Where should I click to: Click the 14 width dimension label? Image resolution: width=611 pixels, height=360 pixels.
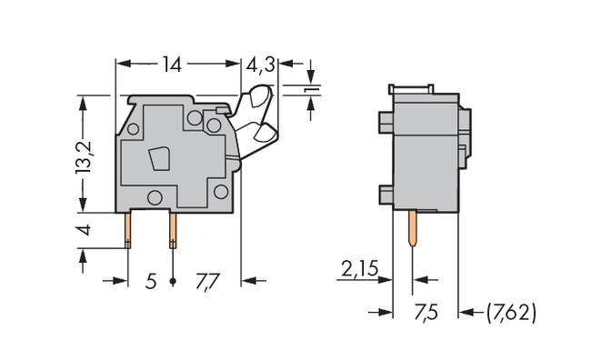tap(172, 65)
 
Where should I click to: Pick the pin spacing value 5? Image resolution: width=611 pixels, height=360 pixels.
tap(151, 281)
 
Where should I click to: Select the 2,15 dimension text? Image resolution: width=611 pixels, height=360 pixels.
tap(360, 269)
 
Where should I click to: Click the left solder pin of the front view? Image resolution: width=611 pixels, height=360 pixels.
tap(128, 228)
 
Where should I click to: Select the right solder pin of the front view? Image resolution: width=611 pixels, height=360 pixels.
tap(172, 228)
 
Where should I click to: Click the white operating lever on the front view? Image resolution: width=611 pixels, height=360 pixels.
tap(258, 113)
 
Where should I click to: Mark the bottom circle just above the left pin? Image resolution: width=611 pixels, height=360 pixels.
tap(155, 197)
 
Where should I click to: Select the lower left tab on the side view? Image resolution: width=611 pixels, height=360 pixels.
tap(384, 193)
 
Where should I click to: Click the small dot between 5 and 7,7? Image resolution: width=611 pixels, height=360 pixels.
tap(172, 282)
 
